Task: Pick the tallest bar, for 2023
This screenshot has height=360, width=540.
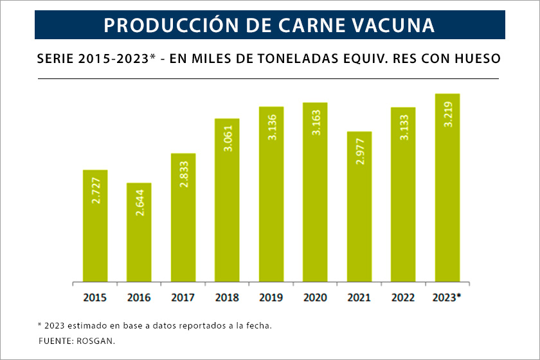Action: pos(447,188)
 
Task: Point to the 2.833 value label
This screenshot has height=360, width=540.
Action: pos(183,172)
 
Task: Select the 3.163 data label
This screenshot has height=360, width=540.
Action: pos(316,122)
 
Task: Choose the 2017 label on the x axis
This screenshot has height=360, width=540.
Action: pos(183,298)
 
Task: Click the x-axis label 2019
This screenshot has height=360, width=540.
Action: pos(271,298)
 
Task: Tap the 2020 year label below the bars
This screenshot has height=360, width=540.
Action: pos(315,298)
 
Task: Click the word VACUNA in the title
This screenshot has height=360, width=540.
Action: pos(394,25)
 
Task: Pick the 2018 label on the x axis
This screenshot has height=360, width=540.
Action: pos(227,298)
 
